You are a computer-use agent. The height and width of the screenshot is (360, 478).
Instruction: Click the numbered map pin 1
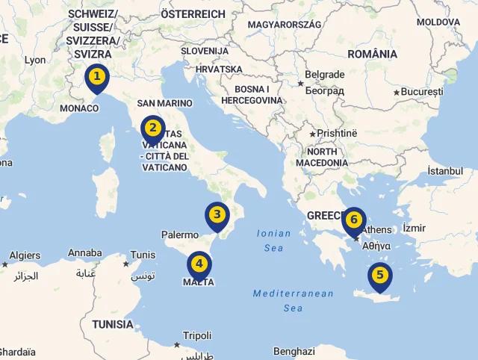[96, 77]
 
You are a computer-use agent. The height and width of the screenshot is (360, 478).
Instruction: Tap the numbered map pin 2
[153, 128]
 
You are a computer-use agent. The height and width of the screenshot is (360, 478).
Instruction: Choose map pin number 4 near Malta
[199, 264]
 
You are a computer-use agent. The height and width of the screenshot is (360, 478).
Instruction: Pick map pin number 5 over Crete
[379, 276]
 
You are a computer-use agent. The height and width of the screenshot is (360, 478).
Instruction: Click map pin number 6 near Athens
[354, 220]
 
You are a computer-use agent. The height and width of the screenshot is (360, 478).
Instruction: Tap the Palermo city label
[180, 235]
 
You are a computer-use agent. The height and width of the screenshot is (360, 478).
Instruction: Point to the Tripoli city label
[197, 335]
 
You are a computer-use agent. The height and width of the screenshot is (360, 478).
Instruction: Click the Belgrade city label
[324, 75]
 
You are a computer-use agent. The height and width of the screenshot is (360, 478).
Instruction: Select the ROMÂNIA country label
[372, 54]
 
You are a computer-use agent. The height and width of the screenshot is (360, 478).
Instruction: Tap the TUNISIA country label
[113, 325]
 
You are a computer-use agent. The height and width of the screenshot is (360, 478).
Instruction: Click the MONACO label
[79, 108]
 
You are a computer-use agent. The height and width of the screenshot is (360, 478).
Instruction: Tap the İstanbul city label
[445, 171]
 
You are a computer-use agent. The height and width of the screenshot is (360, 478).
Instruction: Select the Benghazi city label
[294, 351]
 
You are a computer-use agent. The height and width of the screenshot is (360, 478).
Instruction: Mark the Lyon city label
[35, 60]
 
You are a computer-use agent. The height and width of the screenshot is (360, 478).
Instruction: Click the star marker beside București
[397, 93]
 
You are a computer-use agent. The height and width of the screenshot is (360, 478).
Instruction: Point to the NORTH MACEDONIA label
[322, 157]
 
